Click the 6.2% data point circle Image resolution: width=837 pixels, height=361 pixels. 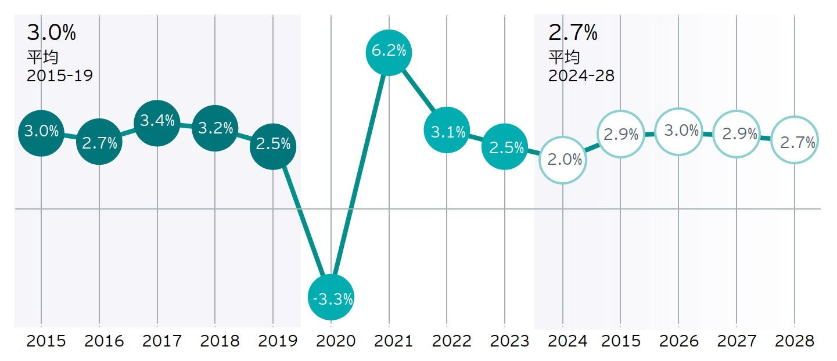[x=389, y=52]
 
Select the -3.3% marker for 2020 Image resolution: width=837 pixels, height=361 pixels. [x=331, y=298]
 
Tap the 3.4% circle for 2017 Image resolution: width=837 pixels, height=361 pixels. [x=157, y=121]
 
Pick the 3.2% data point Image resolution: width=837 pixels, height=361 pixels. [x=215, y=128]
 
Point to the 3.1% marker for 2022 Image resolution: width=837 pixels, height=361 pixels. [x=447, y=132]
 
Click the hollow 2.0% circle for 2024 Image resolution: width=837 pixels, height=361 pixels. [x=563, y=160]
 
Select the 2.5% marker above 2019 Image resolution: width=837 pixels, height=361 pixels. [x=273, y=145]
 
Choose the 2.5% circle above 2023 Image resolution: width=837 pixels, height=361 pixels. [x=505, y=147]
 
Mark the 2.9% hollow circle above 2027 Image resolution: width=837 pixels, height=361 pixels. [x=737, y=134]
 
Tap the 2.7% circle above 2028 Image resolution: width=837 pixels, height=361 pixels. [x=795, y=142]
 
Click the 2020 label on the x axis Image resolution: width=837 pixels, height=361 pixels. [x=336, y=341]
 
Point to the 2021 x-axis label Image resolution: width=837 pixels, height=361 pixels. [x=394, y=341]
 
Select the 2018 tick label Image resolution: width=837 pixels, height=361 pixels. [x=220, y=341]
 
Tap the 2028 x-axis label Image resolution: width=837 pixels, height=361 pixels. [x=795, y=341]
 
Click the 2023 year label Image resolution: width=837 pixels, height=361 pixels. [x=509, y=341]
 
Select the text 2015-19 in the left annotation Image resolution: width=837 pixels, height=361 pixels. [x=60, y=76]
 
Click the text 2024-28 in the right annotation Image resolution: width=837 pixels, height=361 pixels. [x=581, y=76]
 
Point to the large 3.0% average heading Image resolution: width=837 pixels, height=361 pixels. [x=51, y=33]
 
